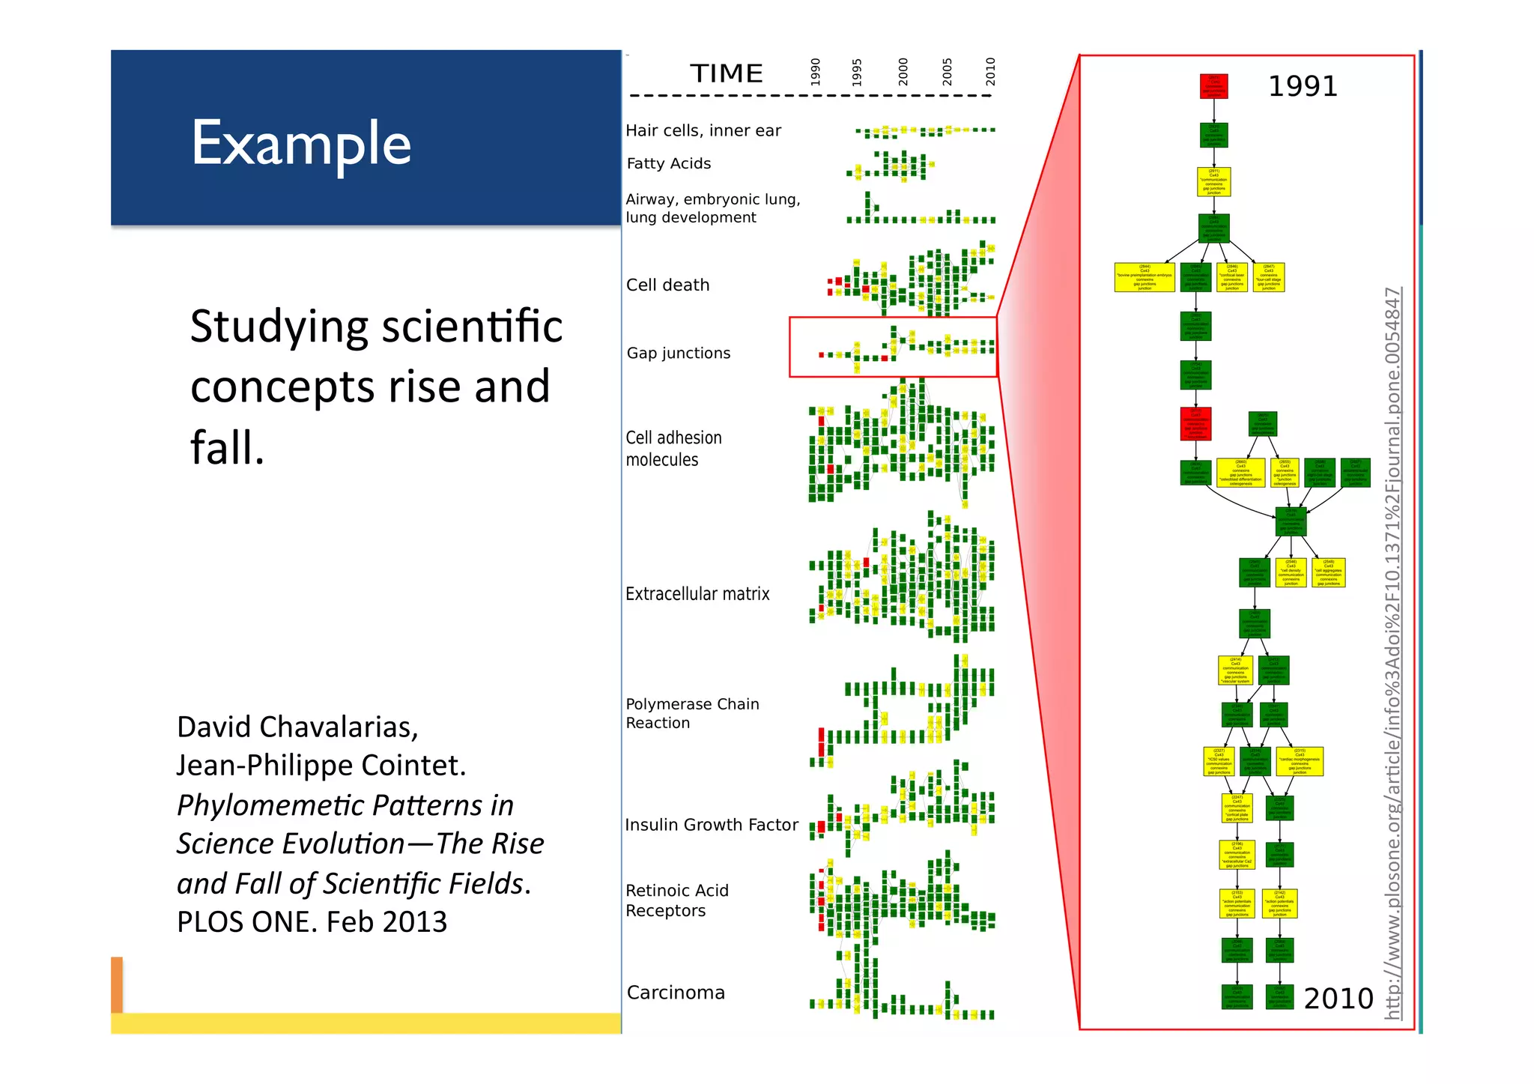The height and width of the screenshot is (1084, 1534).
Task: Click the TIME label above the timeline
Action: tap(726, 73)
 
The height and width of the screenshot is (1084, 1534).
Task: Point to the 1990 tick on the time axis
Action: tap(816, 72)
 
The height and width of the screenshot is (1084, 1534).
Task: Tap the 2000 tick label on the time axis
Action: tap(903, 72)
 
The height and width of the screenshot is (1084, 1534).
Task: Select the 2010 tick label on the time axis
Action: tap(989, 72)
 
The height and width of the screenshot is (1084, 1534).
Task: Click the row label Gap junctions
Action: tap(679, 353)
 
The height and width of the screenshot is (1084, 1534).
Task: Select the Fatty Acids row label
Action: tap(668, 163)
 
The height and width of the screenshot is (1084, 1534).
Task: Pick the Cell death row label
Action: tap(667, 285)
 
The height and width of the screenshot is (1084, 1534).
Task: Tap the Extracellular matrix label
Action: tap(697, 594)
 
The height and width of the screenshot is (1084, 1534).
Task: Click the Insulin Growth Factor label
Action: tap(711, 825)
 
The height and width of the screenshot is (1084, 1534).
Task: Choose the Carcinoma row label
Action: tap(676, 993)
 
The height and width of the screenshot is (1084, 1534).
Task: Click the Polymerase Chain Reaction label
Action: tap(691, 713)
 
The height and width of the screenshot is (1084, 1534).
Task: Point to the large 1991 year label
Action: tap(1302, 86)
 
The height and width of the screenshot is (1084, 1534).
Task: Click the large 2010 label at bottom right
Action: tap(1339, 999)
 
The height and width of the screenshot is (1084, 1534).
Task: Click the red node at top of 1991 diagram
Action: tap(1213, 85)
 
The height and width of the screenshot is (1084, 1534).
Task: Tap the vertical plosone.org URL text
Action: tap(1392, 652)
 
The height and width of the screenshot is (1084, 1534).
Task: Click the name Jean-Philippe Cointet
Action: tap(321, 765)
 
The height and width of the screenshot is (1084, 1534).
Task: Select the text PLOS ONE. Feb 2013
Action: tap(312, 921)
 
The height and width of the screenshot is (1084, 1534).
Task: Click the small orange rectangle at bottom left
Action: tap(117, 984)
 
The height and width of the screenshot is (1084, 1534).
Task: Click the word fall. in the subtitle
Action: tap(227, 447)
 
